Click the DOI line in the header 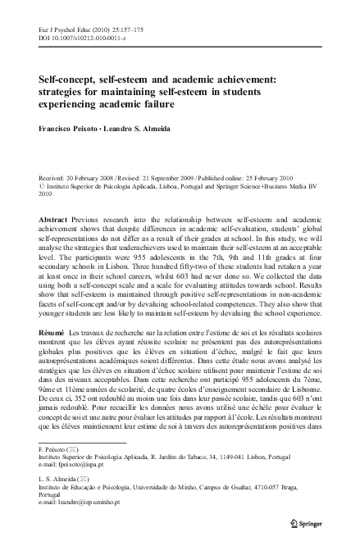78,38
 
